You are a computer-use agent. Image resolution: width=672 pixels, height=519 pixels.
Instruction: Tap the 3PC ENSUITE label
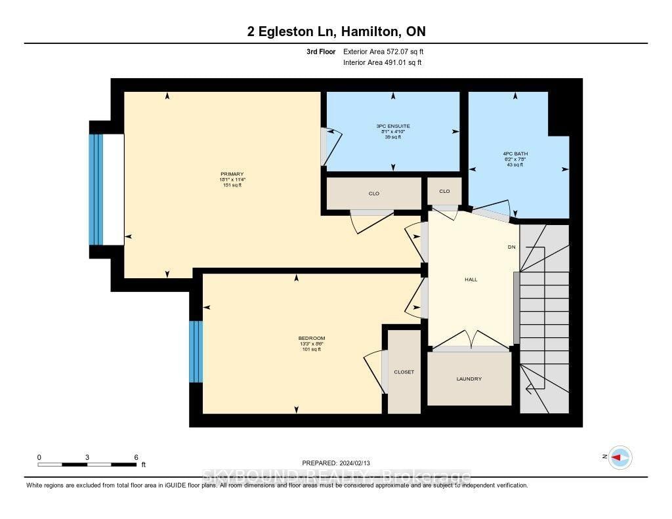[393, 125]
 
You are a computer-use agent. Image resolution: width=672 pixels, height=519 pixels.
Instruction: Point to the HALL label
[471, 280]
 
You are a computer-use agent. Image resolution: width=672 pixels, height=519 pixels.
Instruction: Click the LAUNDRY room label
[469, 379]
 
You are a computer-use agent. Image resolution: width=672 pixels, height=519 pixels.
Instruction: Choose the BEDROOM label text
[311, 339]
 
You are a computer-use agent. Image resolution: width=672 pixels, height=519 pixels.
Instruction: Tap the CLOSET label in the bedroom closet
[404, 372]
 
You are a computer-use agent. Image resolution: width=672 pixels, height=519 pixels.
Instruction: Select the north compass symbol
[619, 457]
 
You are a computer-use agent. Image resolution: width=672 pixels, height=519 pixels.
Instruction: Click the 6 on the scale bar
[135, 457]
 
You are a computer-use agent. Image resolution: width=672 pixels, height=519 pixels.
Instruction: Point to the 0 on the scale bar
[39, 457]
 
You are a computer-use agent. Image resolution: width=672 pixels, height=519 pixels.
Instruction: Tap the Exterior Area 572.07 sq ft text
[387, 51]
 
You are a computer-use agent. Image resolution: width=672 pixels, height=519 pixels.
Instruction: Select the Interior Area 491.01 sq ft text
[383, 63]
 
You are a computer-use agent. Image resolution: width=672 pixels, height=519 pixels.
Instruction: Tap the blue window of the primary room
[97, 190]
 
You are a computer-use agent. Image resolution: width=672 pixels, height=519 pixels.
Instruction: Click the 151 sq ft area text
[233, 186]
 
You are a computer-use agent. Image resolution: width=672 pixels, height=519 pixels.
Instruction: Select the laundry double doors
[470, 340]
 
